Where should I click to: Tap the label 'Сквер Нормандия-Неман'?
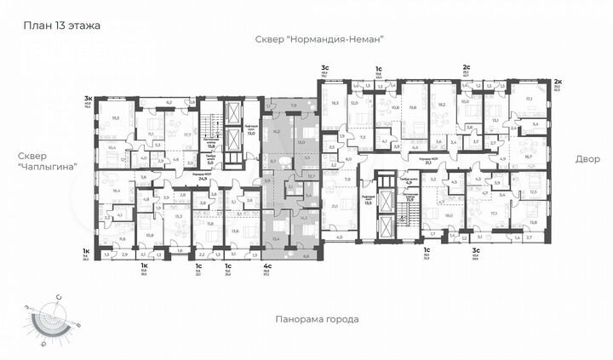point(320,39)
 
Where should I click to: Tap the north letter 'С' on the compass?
point(58,295)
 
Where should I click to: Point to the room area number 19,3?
point(116,120)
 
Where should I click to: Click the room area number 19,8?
point(413,108)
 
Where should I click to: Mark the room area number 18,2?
point(441,107)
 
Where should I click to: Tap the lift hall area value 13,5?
point(369,203)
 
